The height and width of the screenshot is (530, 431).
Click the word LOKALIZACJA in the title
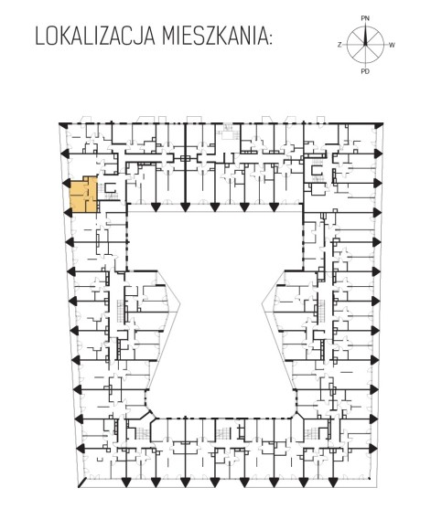tap(96, 37)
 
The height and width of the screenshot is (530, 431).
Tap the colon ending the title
tap(270, 38)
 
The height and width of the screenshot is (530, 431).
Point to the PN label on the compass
tap(365, 18)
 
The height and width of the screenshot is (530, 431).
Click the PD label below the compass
tap(365, 71)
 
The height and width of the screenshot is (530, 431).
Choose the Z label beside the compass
tap(339, 45)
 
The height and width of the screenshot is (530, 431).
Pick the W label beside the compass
tap(392, 45)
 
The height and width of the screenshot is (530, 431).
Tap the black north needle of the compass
tap(365, 36)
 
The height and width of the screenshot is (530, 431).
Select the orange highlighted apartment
tap(83, 195)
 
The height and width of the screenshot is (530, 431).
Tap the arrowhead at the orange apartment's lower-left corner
tap(68, 212)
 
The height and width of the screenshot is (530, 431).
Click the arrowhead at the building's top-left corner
tap(63, 125)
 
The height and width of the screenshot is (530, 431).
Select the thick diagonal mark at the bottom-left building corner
tap(82, 482)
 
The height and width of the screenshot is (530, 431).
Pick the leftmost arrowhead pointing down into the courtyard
tap(156, 207)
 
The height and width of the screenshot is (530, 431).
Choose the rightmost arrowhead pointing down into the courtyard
tap(274, 207)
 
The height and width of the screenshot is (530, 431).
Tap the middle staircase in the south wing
tap(222, 432)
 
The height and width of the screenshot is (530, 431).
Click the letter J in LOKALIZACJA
tap(139, 37)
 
